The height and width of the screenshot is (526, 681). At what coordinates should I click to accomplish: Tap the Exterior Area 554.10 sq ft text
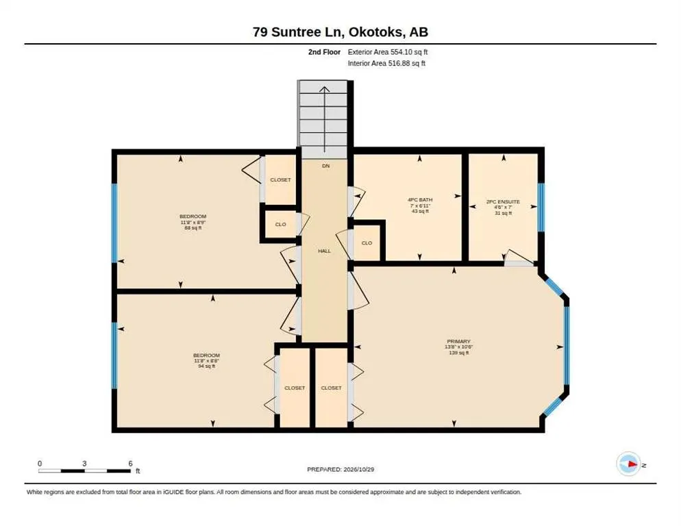pyautogui.click(x=388, y=52)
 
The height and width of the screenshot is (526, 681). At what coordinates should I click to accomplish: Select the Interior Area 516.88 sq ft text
pyautogui.click(x=386, y=64)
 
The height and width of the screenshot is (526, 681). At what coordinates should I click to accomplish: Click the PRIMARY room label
pyautogui.click(x=458, y=341)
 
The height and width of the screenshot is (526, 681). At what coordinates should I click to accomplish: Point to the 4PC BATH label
pyautogui.click(x=420, y=200)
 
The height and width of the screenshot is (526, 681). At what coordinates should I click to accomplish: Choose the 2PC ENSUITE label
pyautogui.click(x=503, y=201)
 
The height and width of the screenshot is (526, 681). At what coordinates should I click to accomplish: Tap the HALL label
pyautogui.click(x=325, y=251)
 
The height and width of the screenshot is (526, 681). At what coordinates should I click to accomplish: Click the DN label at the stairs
pyautogui.click(x=325, y=166)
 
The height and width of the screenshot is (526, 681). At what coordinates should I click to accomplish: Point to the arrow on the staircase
pyautogui.click(x=325, y=119)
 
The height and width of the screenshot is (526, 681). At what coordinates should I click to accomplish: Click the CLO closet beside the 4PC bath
pyautogui.click(x=367, y=243)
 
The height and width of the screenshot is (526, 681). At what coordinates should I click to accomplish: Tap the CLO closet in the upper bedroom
pyautogui.click(x=281, y=224)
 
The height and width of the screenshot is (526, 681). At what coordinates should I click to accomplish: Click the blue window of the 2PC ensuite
pyautogui.click(x=541, y=208)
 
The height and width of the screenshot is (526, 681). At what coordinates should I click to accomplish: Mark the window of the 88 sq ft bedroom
pyautogui.click(x=114, y=223)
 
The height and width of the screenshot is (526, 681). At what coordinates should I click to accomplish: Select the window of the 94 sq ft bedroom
pyautogui.click(x=114, y=355)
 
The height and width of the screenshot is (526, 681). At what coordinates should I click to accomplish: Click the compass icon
pyautogui.click(x=628, y=464)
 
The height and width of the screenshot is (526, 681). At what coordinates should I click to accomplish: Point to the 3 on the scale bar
pyautogui.click(x=84, y=464)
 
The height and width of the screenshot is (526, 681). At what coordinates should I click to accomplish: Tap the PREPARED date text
pyautogui.click(x=340, y=470)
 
